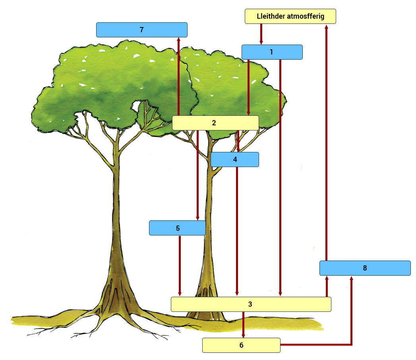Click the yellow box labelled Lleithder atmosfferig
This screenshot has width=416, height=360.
tap(290, 16)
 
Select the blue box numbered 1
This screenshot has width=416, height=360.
tap(272, 52)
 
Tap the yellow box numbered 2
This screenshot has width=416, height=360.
tap(215, 123)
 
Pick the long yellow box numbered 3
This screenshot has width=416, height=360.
tap(251, 304)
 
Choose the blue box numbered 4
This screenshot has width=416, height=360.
tap(235, 160)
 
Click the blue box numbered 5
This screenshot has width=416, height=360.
tap(177, 228)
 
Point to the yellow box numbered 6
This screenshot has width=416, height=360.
tap(241, 345)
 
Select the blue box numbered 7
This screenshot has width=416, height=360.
tap(142, 30)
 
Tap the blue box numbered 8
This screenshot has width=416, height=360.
tap(365, 268)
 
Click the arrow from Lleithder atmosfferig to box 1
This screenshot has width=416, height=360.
tap(261, 34)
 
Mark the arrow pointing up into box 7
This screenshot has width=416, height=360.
tap(178, 76)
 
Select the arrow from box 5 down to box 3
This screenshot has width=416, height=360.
tap(180, 266)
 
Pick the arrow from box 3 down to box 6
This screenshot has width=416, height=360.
tap(243, 325)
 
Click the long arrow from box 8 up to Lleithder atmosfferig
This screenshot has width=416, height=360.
tap(327, 143)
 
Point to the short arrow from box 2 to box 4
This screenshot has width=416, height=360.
tap(238, 141)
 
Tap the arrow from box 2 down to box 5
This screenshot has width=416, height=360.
tap(197, 175)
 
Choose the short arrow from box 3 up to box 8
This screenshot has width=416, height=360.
tap(327, 286)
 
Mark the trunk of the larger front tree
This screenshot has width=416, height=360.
tap(116, 226)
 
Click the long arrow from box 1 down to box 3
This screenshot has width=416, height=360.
tap(280, 178)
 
